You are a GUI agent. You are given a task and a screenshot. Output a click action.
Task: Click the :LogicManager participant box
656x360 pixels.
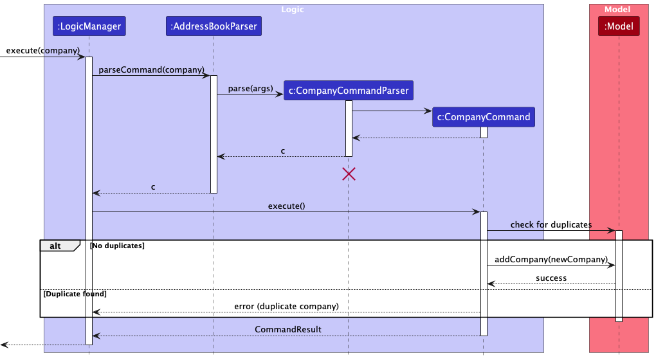(89, 26)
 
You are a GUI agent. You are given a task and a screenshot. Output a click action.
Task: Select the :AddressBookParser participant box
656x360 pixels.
(214, 26)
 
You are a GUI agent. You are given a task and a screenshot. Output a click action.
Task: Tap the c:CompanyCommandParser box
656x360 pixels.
(349, 90)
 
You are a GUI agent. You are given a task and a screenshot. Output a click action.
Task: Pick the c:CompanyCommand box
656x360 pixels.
(484, 117)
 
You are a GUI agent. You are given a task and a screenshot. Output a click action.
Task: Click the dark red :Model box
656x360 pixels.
(619, 26)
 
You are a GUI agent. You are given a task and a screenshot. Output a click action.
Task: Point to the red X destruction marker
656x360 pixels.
(349, 174)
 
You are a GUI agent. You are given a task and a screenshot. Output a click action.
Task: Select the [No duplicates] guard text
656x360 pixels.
(117, 246)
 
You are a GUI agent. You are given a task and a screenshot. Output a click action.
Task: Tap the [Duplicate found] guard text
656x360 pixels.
(75, 294)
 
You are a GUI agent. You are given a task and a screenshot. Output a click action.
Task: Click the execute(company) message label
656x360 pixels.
(42, 51)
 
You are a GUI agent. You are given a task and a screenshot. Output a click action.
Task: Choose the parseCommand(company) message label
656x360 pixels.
(151, 70)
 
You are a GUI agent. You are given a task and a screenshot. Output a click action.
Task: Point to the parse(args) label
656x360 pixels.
(250, 89)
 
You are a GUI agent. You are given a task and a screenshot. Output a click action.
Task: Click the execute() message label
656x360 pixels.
(287, 206)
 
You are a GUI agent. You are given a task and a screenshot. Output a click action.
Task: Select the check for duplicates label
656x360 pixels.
(551, 224)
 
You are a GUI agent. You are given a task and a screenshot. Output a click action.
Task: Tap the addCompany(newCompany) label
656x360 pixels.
(551, 259)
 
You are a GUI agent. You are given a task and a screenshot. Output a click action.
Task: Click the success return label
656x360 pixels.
(551, 278)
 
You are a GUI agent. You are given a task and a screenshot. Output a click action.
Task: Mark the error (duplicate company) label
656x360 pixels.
(287, 307)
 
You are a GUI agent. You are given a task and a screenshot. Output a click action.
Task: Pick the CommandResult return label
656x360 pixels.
(288, 330)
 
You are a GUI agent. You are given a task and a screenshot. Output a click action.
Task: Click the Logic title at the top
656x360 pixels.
(293, 9)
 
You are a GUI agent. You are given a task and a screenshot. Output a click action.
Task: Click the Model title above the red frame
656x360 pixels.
(617, 9)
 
